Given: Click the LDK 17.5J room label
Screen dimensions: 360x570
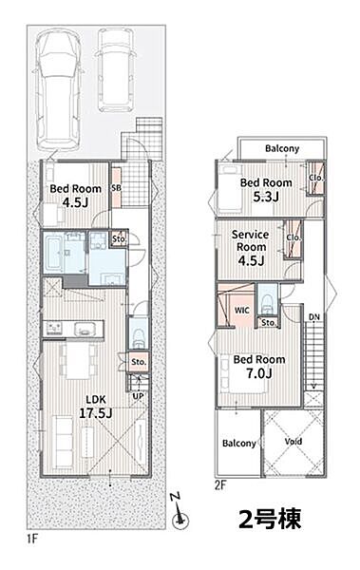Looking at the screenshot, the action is point(96,406).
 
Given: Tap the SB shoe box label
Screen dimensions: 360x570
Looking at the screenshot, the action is point(116,188).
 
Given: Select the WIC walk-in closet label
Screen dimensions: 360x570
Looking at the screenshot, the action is point(242,310).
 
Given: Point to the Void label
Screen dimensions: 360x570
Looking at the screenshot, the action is point(294,442).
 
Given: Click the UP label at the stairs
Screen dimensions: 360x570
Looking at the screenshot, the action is point(138,396).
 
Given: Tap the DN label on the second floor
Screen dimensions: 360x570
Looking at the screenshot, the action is point(314,317).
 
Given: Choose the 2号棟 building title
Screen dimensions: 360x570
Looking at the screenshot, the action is point(270,519).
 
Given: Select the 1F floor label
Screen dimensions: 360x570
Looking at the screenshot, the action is point(32,539).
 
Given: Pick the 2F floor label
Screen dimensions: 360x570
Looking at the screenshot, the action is point(220,484).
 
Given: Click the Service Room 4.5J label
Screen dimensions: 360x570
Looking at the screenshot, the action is point(251,247).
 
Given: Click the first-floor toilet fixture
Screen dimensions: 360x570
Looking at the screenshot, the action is point(139,336).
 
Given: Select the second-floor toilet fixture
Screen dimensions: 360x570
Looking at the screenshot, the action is point(267,303).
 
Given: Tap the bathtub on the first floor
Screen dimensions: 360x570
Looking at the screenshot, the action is point(53,253).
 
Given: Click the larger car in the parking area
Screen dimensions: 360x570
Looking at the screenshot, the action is point(59,89).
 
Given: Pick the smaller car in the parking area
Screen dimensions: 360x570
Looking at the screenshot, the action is point(115,69).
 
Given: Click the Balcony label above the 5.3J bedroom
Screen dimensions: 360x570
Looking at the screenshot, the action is point(282,148).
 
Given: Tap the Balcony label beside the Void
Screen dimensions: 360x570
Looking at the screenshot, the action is point(239,443).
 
